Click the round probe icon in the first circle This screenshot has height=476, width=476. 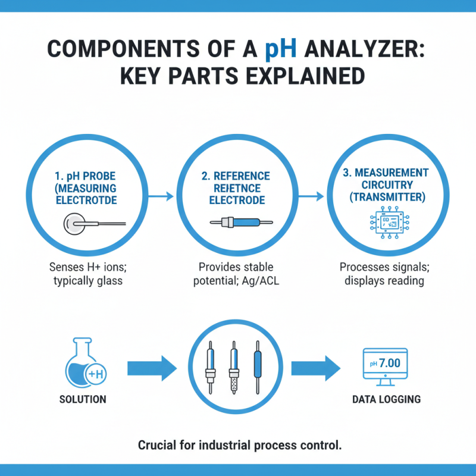point(74,224)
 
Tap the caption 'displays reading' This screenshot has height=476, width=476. point(384,280)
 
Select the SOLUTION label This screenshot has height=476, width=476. point(83,399)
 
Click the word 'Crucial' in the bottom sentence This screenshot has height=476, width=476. point(155,444)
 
